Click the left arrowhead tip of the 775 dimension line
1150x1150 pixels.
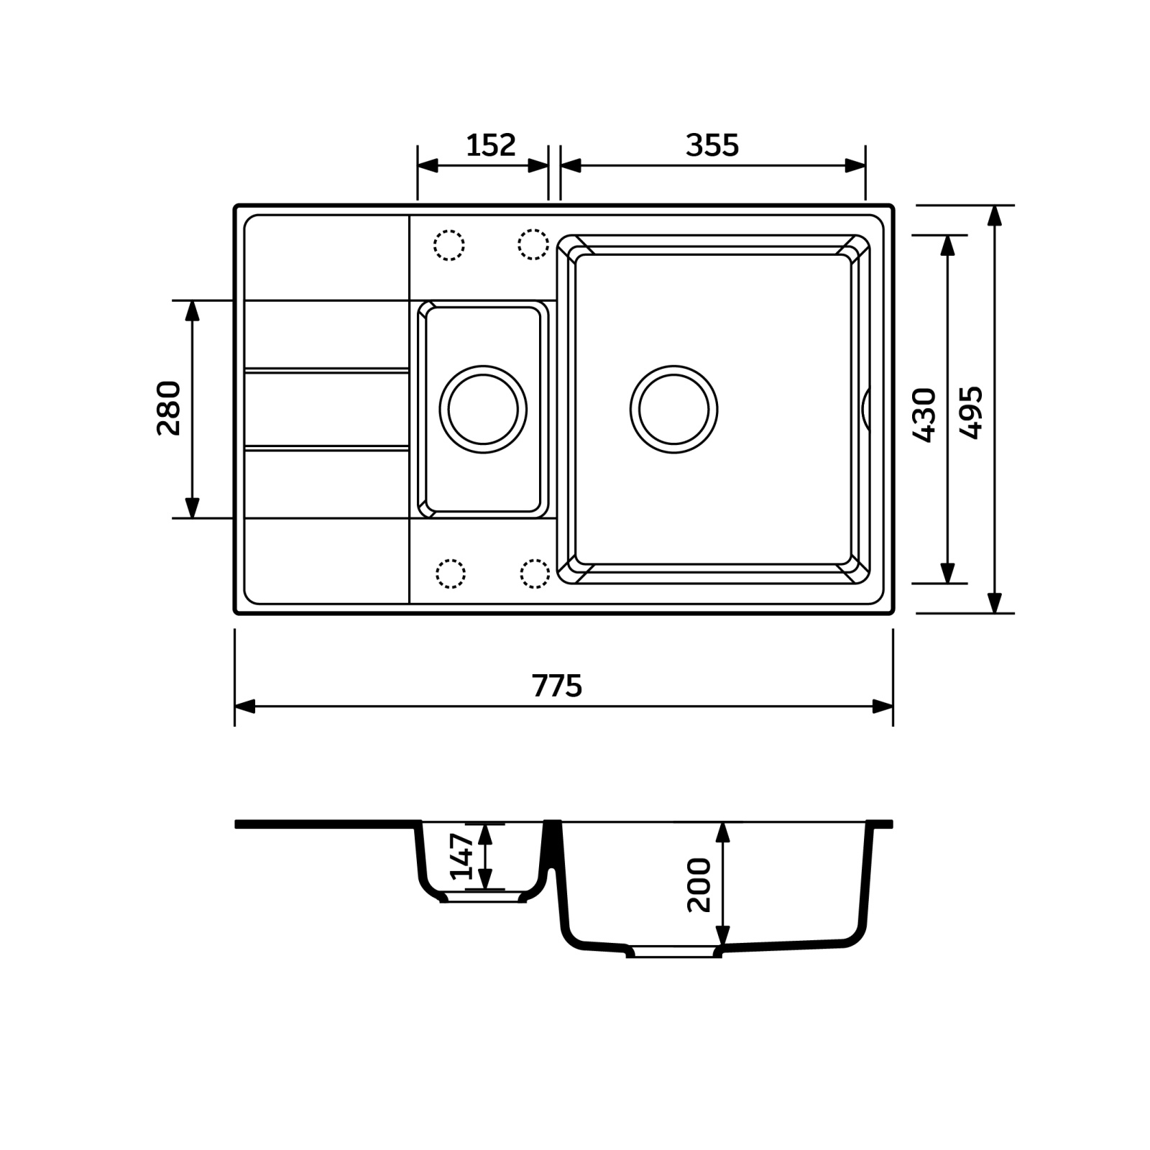pyautogui.click(x=236, y=707)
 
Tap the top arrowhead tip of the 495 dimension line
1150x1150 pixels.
pyautogui.click(x=994, y=206)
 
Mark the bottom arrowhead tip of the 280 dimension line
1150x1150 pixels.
pyautogui.click(x=192, y=517)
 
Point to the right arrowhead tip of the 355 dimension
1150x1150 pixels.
pyautogui.click(x=865, y=165)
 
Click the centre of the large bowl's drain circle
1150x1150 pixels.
pyautogui.click(x=673, y=410)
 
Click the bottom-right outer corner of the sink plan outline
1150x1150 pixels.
pyautogui.click(x=893, y=613)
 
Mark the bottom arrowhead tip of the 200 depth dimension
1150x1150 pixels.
pyautogui.click(x=723, y=946)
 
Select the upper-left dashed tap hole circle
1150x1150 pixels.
pyautogui.click(x=449, y=245)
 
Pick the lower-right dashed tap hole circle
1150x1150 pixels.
pyautogui.click(x=534, y=574)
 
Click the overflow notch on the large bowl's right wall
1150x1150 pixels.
pyautogui.click(x=865, y=410)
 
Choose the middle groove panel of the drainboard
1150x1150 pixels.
pyautogui.click(x=327, y=410)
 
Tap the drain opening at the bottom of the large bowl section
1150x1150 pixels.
pyautogui.click(x=673, y=951)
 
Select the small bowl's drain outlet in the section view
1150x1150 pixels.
pyautogui.click(x=483, y=898)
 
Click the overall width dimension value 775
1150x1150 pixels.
pyautogui.click(x=557, y=686)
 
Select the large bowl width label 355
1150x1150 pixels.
pyautogui.click(x=712, y=145)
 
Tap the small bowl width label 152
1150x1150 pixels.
pyautogui.click(x=491, y=145)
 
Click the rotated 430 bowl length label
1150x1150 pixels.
pyautogui.click(x=924, y=415)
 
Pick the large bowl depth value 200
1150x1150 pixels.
pyautogui.click(x=699, y=885)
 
